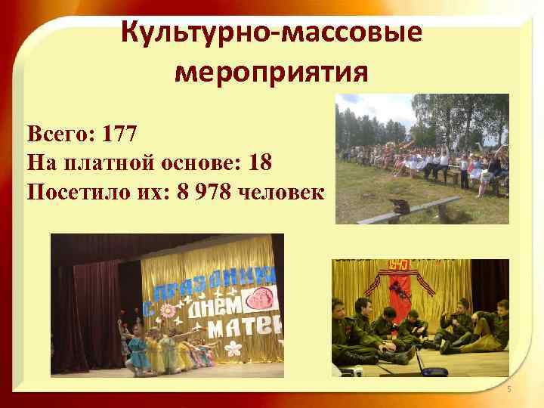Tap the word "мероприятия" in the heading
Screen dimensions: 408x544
(272, 73)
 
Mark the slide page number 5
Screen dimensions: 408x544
(508, 389)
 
